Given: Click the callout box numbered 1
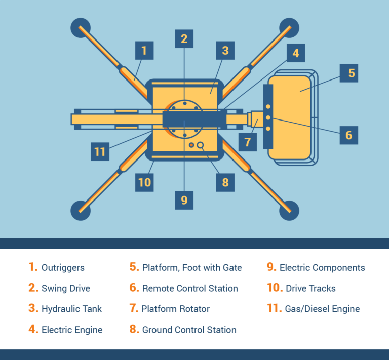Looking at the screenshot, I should (144, 51).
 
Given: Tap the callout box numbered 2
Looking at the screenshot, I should (184, 38).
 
